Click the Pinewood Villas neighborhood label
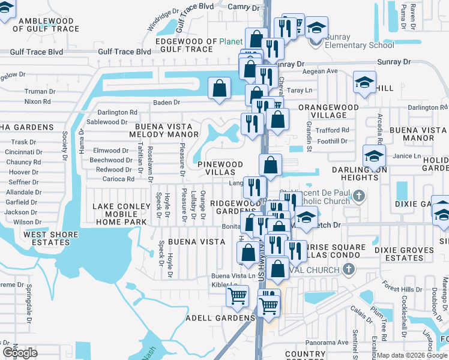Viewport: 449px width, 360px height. [x=220, y=168]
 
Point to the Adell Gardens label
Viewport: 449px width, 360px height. [x=220, y=318]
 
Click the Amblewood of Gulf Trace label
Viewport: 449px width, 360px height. [x=48, y=25]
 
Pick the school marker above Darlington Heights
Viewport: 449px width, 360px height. [x=374, y=157]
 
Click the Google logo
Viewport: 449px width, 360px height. [x=20, y=353]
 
